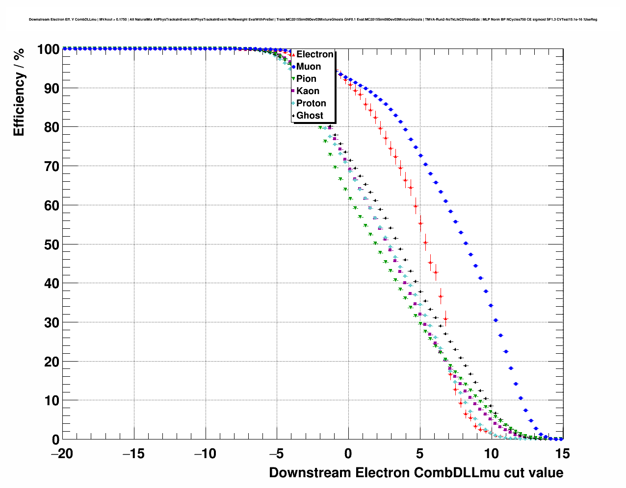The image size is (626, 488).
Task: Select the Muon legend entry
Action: click(x=309, y=67)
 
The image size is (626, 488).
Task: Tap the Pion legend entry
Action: click(x=306, y=79)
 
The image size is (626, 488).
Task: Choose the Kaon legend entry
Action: click(x=308, y=91)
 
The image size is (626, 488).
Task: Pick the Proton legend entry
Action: click(x=311, y=103)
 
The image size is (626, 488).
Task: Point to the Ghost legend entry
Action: click(x=310, y=116)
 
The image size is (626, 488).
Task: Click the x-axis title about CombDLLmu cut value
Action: click(x=416, y=473)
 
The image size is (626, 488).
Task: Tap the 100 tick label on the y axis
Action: click(x=48, y=49)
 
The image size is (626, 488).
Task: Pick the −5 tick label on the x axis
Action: click(x=277, y=454)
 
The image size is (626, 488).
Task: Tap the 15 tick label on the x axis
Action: click(x=563, y=454)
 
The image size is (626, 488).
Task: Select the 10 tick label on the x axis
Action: click(x=491, y=454)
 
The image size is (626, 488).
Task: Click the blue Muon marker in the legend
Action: click(x=293, y=67)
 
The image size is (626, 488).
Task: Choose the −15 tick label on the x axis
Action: click(x=133, y=454)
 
